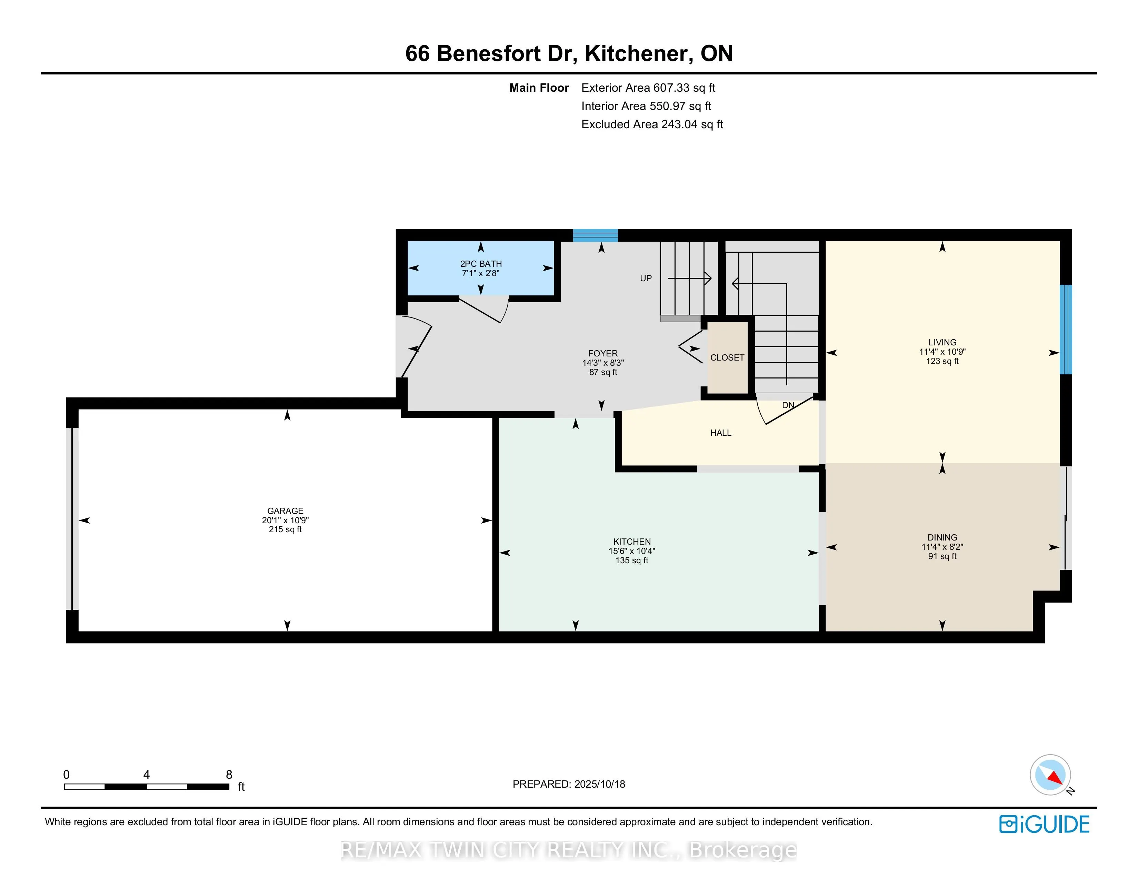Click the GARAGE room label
click(285, 511)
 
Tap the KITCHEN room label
click(631, 542)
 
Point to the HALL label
click(721, 433)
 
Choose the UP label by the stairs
click(646, 279)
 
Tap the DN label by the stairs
click(788, 405)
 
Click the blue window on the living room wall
click(1066, 329)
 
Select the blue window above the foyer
click(596, 235)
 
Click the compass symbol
click(1050, 775)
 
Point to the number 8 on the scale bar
click(229, 774)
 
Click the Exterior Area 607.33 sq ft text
click(648, 88)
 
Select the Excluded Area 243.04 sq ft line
click(652, 124)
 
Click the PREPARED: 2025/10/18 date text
click(569, 784)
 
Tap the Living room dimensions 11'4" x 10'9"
click(942, 352)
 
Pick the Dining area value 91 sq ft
click(942, 556)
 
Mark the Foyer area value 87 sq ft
click(603, 372)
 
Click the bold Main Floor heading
click(539, 88)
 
